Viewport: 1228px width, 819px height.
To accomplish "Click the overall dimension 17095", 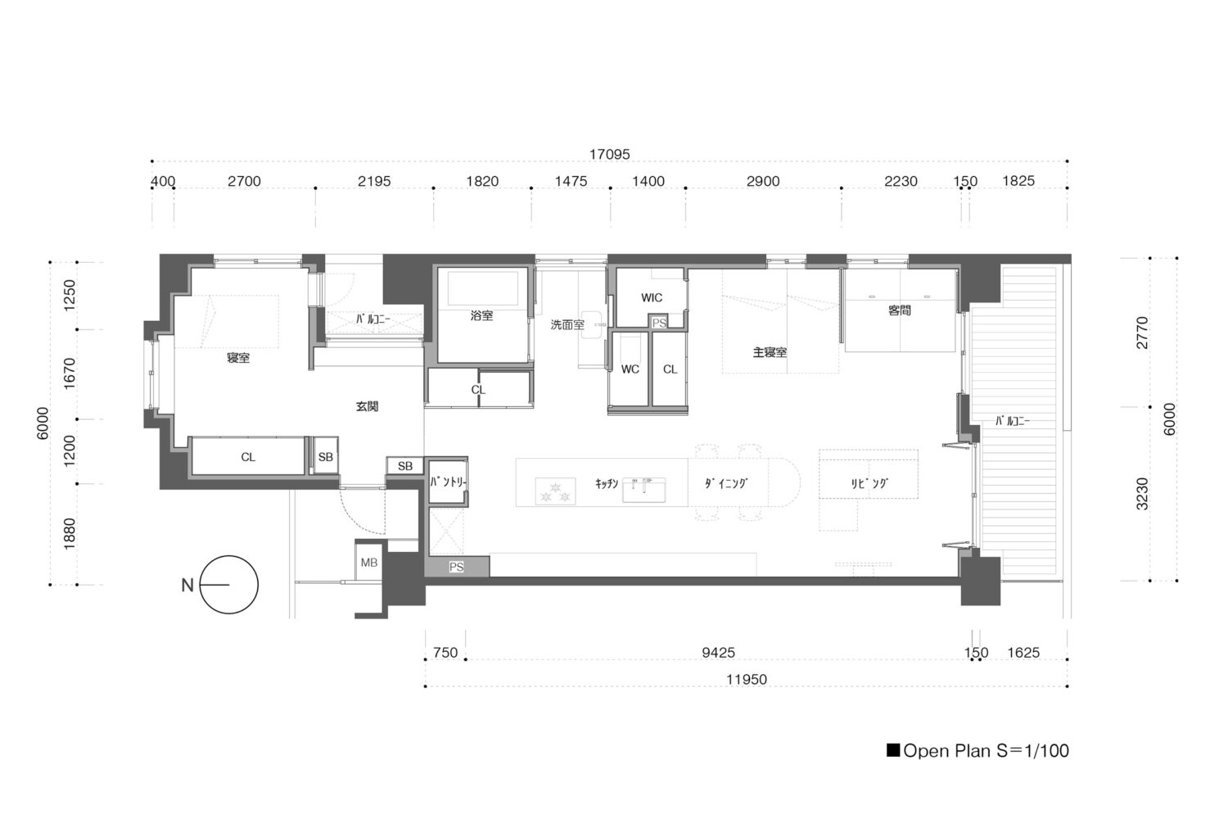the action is coord(609,154).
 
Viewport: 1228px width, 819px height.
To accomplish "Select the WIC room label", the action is coord(652,298).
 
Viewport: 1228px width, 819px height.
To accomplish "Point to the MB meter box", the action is coord(369,563).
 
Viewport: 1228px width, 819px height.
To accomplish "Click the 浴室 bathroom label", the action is coord(481,315).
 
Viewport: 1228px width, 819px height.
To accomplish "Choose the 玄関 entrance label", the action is coord(367,406).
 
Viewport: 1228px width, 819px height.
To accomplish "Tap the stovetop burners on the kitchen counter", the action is coord(555,491).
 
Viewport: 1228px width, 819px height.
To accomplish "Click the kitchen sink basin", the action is coord(643,490).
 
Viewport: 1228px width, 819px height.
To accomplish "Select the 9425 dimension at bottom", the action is coord(718,652).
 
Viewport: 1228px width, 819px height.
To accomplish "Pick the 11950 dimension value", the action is coord(746,679).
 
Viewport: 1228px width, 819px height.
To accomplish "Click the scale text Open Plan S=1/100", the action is coord(977,751).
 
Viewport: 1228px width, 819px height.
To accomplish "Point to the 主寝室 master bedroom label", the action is coord(770,352).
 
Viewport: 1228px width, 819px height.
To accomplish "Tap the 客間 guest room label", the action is coord(899,310).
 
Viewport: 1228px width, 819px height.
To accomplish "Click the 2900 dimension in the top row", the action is coord(762,181).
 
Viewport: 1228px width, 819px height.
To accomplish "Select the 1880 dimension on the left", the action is coord(69,534).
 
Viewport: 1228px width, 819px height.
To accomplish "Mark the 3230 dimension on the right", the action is coord(1142,494).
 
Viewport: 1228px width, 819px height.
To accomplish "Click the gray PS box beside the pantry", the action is coord(457,567).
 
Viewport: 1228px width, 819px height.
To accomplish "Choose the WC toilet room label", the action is coord(630,369).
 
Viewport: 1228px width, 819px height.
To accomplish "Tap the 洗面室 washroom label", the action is coord(567,325).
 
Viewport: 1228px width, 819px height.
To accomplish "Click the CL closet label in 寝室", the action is coord(248,457).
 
